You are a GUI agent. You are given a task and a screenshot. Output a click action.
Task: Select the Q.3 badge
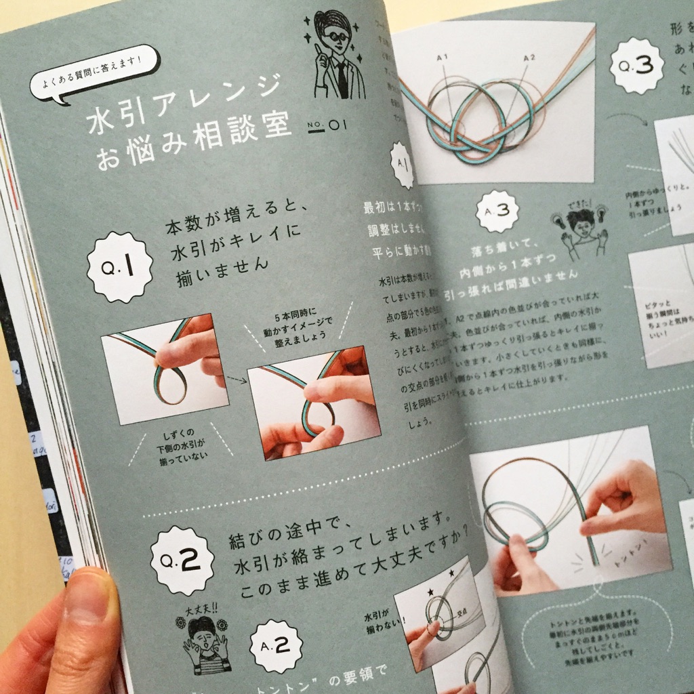pos(636,66)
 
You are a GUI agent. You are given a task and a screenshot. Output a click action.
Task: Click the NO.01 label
pos(327,125)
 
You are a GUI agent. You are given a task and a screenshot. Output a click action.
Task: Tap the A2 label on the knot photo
pos(529,58)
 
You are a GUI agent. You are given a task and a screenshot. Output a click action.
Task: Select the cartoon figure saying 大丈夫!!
pos(206,641)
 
